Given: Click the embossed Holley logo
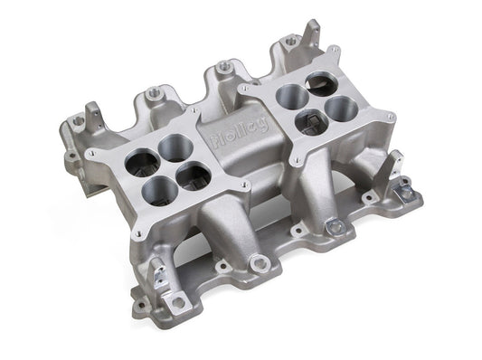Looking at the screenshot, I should (x=238, y=133).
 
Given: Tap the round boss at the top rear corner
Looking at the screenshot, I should (x=291, y=41).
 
